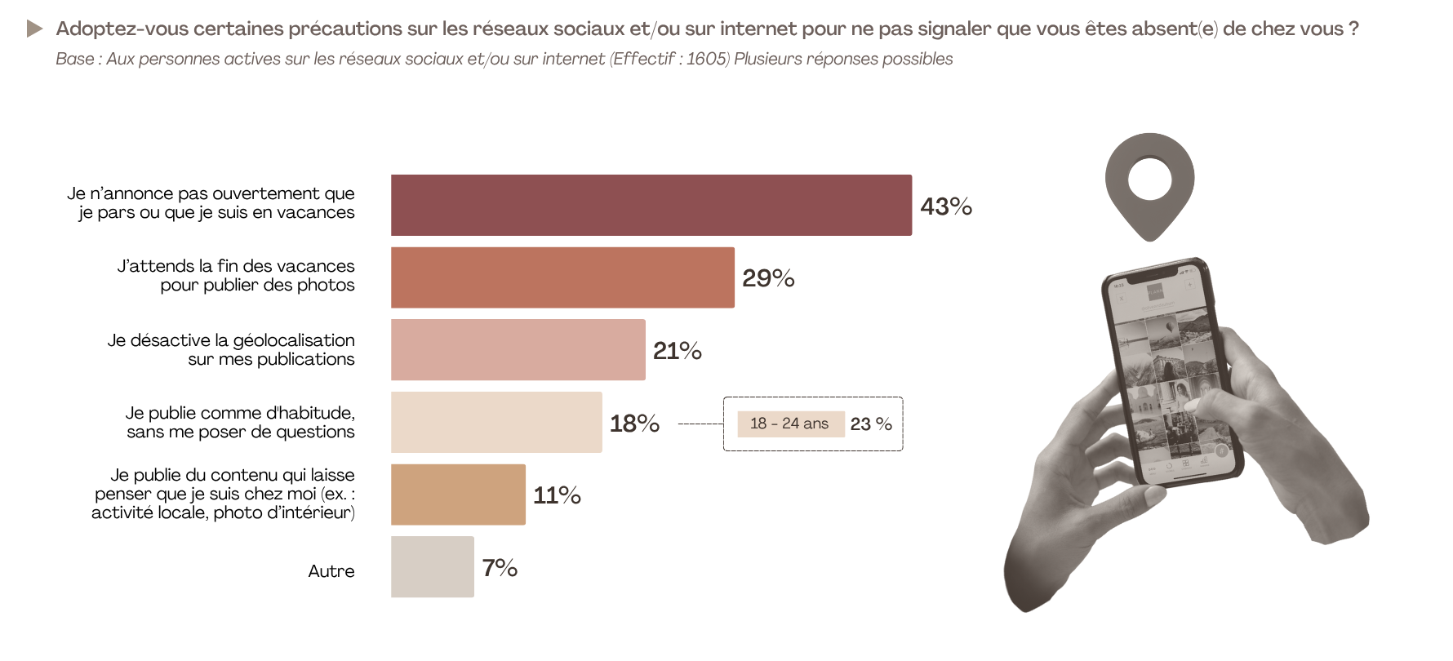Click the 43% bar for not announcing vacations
tap(651, 205)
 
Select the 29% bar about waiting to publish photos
tap(562, 277)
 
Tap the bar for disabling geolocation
tap(518, 349)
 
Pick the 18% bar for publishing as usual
tap(496, 422)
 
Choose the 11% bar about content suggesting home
tap(458, 495)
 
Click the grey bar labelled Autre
tap(432, 566)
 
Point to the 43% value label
tap(946, 206)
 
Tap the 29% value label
tap(768, 278)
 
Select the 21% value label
tap(678, 351)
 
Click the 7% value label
tap(500, 568)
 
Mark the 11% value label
tap(557, 495)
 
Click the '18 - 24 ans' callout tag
tap(789, 424)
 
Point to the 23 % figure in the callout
tap(871, 424)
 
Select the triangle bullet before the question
tap(34, 29)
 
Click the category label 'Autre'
tap(331, 571)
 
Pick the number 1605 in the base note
tap(706, 59)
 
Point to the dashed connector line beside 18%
tap(700, 424)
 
